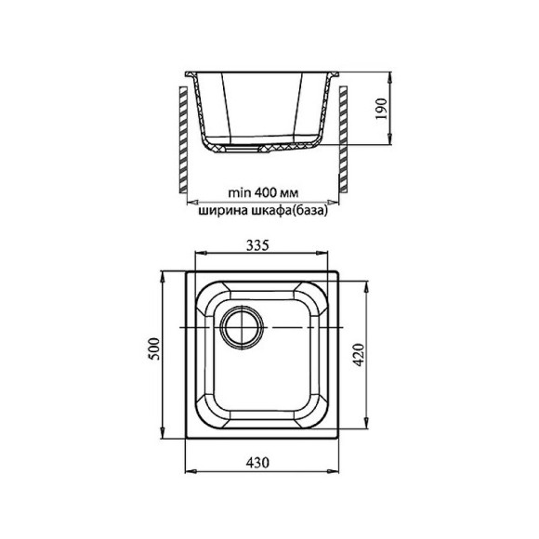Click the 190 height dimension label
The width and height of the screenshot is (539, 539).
pos(381,109)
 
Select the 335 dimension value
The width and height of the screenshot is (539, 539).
pos(257,245)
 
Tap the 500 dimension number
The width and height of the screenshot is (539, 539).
pos(154,348)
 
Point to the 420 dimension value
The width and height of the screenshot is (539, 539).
pos(359,354)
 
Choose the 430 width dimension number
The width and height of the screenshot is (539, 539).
pos(257,463)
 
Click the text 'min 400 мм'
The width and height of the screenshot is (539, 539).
pos(263,192)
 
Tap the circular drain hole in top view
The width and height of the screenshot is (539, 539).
pos(243,327)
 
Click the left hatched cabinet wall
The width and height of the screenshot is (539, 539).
pos(183,139)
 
